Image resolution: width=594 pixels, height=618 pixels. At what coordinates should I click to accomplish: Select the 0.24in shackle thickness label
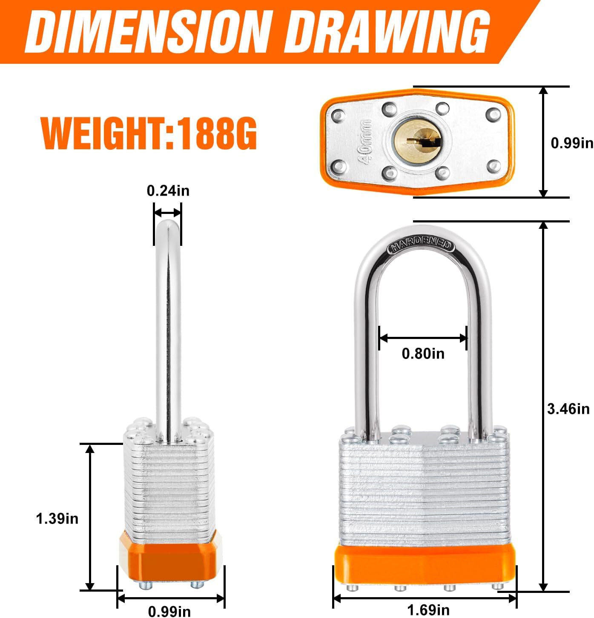pyautogui.click(x=168, y=191)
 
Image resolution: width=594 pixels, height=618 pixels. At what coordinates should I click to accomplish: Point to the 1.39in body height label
pyautogui.click(x=57, y=518)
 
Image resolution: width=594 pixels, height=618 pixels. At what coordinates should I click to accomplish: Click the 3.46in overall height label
pyautogui.click(x=568, y=409)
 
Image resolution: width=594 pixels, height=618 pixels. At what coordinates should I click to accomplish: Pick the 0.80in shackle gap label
pyautogui.click(x=423, y=353)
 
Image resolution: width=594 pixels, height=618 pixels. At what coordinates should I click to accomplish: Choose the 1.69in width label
pyautogui.click(x=428, y=610)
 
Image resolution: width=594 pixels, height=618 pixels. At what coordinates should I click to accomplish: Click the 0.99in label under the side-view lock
pyautogui.click(x=169, y=612)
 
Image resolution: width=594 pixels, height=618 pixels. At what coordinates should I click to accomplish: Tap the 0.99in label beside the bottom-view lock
pyautogui.click(x=572, y=143)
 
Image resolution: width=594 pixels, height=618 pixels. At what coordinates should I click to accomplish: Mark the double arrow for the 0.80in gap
pyautogui.click(x=423, y=339)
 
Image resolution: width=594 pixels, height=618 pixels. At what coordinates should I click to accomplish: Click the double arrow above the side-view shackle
pyautogui.click(x=167, y=213)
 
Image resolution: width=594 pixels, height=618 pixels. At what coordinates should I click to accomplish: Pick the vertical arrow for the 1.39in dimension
pyautogui.click(x=90, y=517)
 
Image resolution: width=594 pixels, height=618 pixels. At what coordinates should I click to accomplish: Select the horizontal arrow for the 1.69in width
pyautogui.click(x=425, y=598)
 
